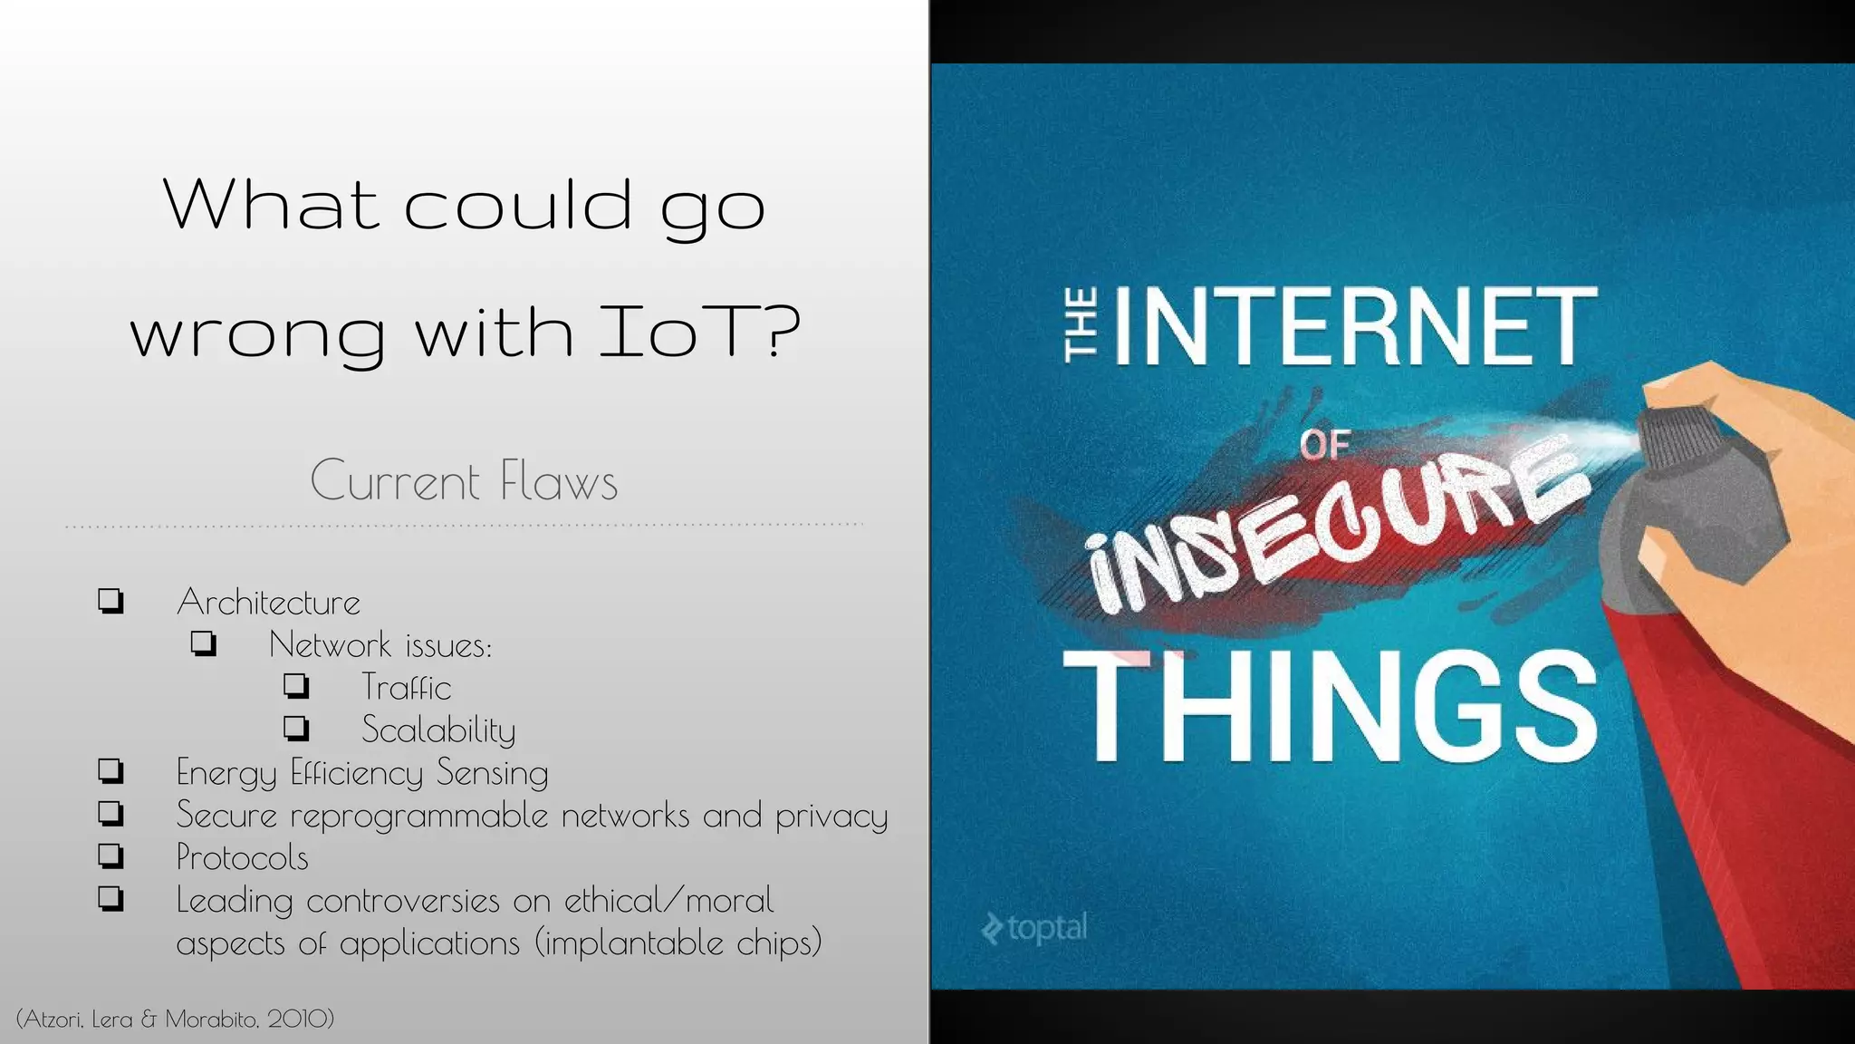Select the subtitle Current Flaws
coord(464,480)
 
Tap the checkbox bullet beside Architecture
coord(111,601)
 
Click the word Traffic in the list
coord(406,688)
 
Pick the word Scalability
coord(438,730)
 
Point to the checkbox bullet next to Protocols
coord(111,855)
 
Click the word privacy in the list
coord(831,817)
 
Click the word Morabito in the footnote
coord(211,1020)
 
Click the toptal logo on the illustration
coord(1033,928)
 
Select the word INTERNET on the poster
coord(1354,325)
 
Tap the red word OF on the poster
coord(1325,445)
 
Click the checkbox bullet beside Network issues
coord(204,643)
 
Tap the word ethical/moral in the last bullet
coord(668,901)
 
